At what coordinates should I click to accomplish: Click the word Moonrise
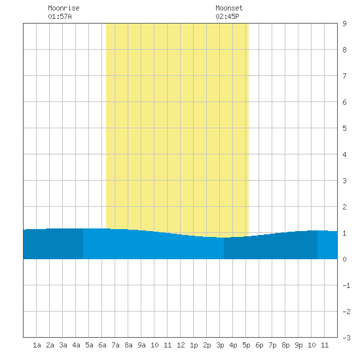63,8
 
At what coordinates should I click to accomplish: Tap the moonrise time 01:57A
60,16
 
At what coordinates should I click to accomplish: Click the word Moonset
229,8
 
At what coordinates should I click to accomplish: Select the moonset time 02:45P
227,16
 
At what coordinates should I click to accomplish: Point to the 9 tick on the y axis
344,24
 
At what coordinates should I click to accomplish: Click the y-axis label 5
344,128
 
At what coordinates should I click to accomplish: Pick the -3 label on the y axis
346,338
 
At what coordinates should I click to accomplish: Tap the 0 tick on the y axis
344,259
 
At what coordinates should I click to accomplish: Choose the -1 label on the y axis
346,285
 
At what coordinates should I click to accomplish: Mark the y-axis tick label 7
344,76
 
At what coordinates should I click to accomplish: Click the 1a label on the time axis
37,345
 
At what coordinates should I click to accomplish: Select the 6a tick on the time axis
102,345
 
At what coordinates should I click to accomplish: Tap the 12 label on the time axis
181,345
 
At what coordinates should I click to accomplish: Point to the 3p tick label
220,345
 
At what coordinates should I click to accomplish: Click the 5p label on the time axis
246,345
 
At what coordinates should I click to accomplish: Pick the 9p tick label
298,345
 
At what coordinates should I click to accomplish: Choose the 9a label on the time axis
141,345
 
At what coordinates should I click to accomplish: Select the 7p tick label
272,345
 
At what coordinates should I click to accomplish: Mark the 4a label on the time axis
76,345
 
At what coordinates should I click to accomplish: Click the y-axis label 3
344,181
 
